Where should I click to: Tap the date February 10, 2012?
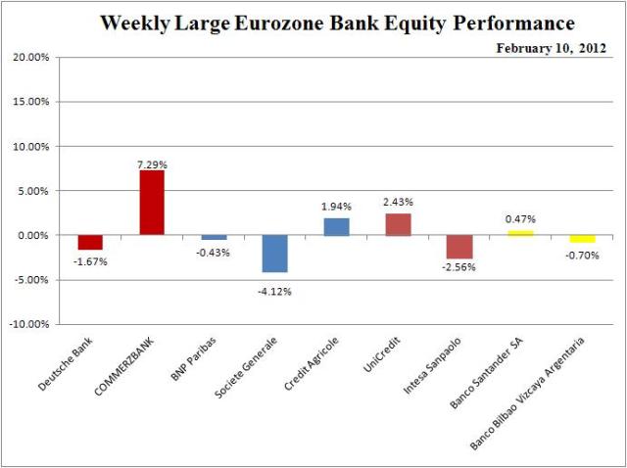(551, 45)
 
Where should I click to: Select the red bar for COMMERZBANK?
(152, 203)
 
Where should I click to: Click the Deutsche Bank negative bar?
(90, 243)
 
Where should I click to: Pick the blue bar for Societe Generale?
(274, 254)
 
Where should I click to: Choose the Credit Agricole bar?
(336, 226)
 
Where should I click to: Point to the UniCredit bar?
(398, 224)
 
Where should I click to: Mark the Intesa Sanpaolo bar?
(458, 247)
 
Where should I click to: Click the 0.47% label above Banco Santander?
(520, 219)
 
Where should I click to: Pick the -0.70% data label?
(582, 253)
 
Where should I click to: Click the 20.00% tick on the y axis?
(30, 58)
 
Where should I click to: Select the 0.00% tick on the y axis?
(32, 235)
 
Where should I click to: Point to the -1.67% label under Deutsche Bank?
(90, 261)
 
